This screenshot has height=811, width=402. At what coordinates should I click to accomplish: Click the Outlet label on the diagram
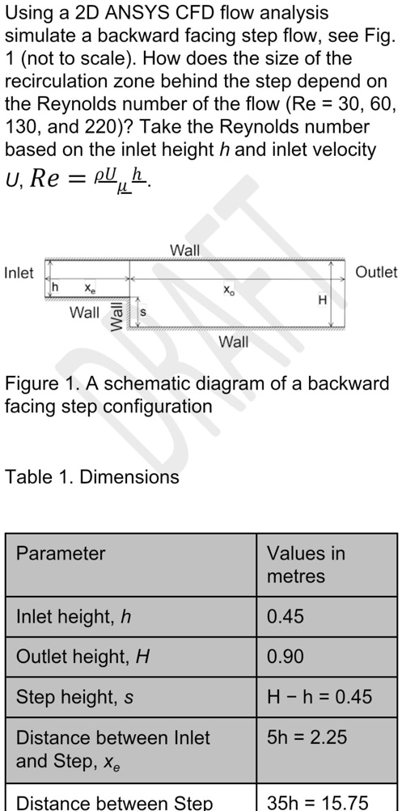[x=376, y=272]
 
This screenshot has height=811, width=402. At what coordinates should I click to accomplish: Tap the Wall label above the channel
[x=184, y=251]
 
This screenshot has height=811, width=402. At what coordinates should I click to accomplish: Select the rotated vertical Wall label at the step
[x=116, y=316]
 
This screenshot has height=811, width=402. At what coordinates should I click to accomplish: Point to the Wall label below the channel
[x=233, y=341]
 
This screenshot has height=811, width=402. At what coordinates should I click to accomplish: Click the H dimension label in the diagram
[x=322, y=300]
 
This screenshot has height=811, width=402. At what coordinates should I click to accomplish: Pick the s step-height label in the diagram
[x=143, y=313]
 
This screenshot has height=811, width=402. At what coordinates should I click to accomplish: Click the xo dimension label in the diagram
[x=228, y=290]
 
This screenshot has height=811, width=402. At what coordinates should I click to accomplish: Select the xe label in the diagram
[x=90, y=288]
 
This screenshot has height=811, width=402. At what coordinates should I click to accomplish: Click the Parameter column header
[x=61, y=553]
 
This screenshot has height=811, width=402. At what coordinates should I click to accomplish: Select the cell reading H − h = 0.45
[x=319, y=697]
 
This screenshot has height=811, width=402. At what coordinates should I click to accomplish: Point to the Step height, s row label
[x=75, y=697]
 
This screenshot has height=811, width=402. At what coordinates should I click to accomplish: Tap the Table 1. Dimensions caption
[x=91, y=476]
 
